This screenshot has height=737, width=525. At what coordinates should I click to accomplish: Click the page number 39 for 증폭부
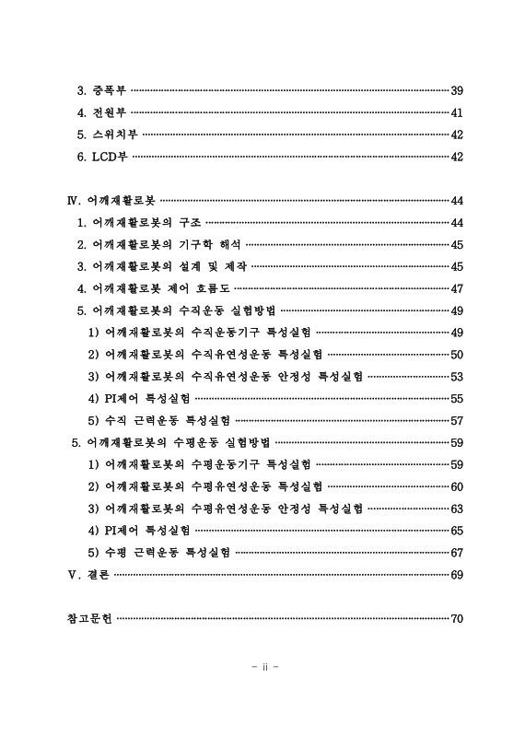[456, 91]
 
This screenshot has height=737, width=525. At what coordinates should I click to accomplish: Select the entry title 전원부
[101, 113]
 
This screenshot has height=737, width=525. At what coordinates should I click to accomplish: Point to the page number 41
[456, 113]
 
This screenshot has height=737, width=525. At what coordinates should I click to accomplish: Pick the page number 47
[456, 288]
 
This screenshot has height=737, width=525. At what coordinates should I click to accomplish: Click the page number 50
[456, 355]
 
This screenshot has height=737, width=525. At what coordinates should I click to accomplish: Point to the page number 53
[456, 377]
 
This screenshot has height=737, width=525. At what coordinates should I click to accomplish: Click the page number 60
[456, 486]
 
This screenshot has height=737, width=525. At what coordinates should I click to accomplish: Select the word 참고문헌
[89, 618]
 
